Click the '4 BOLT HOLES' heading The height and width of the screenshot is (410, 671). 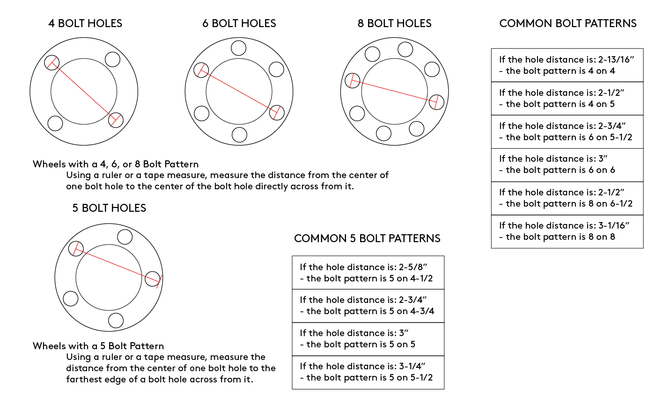pyautogui.click(x=85, y=23)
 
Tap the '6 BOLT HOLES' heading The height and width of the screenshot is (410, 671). pyautogui.click(x=239, y=23)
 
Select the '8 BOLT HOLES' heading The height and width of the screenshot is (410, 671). pyautogui.click(x=394, y=23)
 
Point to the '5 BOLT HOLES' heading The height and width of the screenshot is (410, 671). pyautogui.click(x=109, y=208)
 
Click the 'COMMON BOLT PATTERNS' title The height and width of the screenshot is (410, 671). pyautogui.click(x=568, y=23)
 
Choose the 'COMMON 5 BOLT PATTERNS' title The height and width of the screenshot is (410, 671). pyautogui.click(x=367, y=238)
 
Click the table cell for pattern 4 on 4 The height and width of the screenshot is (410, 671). pyautogui.click(x=567, y=65)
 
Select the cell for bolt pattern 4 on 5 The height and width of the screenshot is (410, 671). pyautogui.click(x=567, y=98)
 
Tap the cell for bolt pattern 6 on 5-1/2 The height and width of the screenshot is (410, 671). pyautogui.click(x=567, y=131)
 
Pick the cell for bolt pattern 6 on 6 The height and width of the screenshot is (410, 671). pyautogui.click(x=567, y=165)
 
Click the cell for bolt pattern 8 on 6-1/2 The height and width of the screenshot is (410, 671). pyautogui.click(x=567, y=198)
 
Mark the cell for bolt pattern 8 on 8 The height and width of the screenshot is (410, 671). pyautogui.click(x=567, y=231)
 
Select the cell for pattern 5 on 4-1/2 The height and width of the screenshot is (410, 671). pyautogui.click(x=368, y=273)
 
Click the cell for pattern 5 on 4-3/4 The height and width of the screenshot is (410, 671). pyautogui.click(x=368, y=306)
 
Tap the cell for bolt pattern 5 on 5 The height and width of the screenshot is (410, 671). pyautogui.click(x=368, y=339)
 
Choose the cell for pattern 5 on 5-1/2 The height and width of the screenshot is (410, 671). pyautogui.click(x=368, y=372)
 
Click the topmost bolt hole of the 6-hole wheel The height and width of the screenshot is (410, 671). pyautogui.click(x=239, y=48)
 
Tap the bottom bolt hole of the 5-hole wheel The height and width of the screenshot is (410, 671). pyautogui.click(x=116, y=320)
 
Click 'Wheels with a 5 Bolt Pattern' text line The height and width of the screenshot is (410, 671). pyautogui.click(x=98, y=346)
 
